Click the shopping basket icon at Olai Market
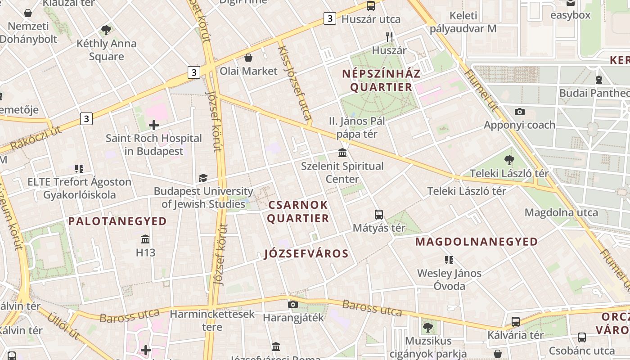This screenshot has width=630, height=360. (x=248, y=58)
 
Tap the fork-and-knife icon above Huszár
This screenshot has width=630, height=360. (x=390, y=37)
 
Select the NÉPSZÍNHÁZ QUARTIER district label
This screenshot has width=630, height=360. (x=381, y=80)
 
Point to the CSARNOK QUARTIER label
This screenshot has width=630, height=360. (x=298, y=211)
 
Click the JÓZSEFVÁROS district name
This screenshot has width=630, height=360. (x=306, y=254)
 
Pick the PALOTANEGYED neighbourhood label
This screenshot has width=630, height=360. (x=117, y=221)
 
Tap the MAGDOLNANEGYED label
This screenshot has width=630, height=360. (x=477, y=242)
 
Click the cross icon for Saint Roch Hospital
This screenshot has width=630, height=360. (x=154, y=125)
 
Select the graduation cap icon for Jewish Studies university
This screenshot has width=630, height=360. (x=203, y=178)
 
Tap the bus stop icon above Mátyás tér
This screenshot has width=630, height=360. (x=379, y=215)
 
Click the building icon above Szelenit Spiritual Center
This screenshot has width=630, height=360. (x=342, y=153)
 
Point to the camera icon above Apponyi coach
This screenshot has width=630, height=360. (x=520, y=112)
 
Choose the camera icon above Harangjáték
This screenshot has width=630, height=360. (x=293, y=305)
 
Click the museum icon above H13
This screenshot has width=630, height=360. (x=145, y=239)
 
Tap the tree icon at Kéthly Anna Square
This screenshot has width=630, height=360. (x=106, y=30)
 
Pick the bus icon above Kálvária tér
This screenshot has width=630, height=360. (x=516, y=322)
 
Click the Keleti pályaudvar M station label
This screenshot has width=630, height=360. (x=463, y=22)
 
